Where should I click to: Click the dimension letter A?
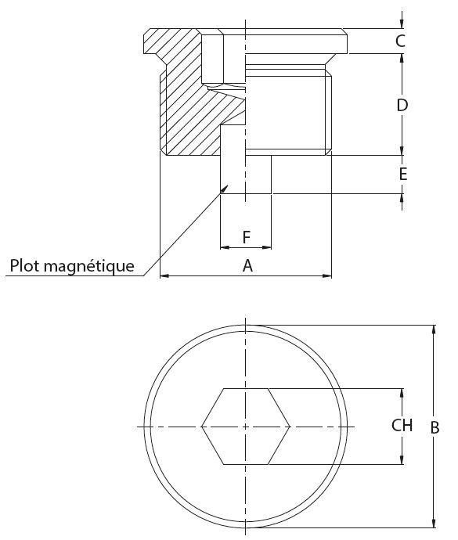[247, 266]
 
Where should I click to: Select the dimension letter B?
[435, 428]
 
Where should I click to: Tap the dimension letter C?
[400, 41]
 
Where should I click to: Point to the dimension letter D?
[402, 105]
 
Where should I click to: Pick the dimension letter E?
[403, 174]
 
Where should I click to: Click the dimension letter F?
[246, 237]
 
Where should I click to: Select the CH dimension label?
[402, 425]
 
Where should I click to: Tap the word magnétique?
[89, 266]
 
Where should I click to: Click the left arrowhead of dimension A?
[164, 275]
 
